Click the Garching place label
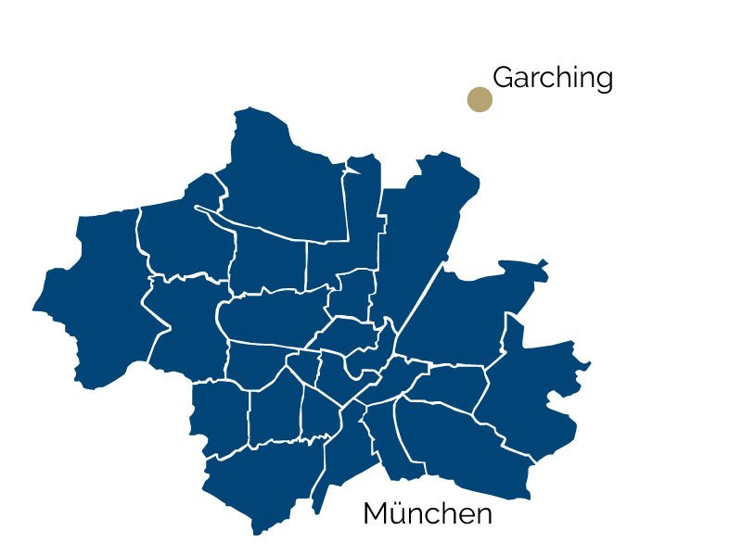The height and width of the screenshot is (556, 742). tap(553, 79)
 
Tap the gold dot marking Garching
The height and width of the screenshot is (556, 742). tap(479, 99)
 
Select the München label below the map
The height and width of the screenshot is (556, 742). tap(428, 513)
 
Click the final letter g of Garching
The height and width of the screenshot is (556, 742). tap(604, 82)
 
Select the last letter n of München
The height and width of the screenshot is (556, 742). tap(483, 515)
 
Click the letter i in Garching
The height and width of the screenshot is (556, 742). tap(570, 77)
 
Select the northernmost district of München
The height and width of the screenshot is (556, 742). tap(288, 176)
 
